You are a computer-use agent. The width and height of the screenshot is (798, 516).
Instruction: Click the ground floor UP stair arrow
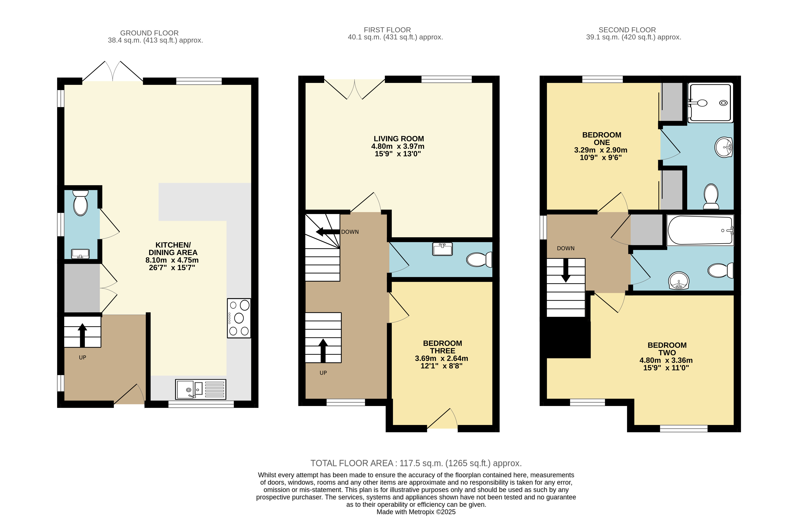pyautogui.click(x=82, y=335)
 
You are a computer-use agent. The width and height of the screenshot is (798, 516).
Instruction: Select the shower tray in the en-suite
pyautogui.click(x=709, y=103)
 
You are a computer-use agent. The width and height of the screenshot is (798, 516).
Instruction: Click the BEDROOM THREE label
pyautogui.click(x=442, y=347)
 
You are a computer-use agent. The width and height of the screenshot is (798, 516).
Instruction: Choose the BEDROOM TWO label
pyautogui.click(x=667, y=349)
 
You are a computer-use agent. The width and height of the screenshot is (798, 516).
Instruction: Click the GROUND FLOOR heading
pyautogui.click(x=149, y=33)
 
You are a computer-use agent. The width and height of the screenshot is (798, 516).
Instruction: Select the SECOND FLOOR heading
pyautogui.click(x=627, y=30)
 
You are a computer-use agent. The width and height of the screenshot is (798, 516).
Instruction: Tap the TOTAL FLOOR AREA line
pyautogui.click(x=416, y=463)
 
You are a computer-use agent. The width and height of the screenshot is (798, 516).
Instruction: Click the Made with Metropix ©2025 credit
pyautogui.click(x=416, y=512)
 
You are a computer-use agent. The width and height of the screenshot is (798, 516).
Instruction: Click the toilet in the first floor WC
pyautogui.click(x=479, y=259)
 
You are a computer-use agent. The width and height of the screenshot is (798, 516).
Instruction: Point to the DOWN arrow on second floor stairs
pyautogui.click(x=566, y=270)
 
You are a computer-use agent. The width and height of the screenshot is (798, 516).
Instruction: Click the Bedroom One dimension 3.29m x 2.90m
pyautogui.click(x=601, y=150)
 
